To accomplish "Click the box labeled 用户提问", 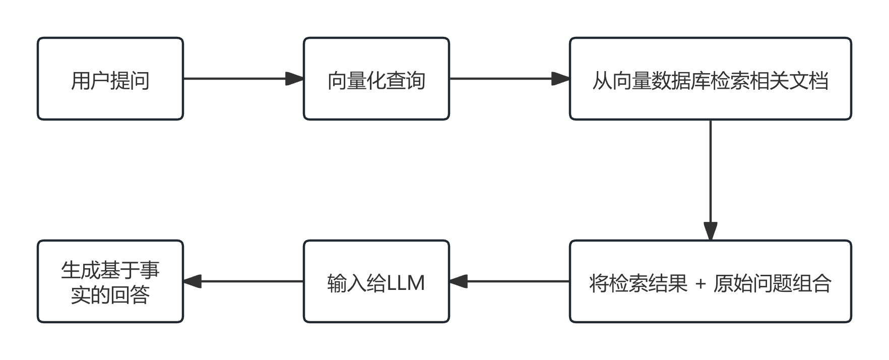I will (x=110, y=79).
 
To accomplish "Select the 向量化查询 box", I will (x=376, y=79).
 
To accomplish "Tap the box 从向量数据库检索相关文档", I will (x=710, y=79).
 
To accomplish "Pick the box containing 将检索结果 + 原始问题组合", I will (x=710, y=281).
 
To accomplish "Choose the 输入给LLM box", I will (x=376, y=281).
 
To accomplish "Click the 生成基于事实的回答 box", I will (x=110, y=281).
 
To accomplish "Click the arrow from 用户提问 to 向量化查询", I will (x=237, y=79).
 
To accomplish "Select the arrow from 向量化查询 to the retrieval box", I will (x=504, y=79).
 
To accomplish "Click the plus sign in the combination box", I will (x=701, y=284).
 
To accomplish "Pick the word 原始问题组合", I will (x=772, y=283).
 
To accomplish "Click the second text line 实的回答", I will (x=110, y=294).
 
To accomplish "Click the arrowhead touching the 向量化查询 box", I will (x=294, y=79).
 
